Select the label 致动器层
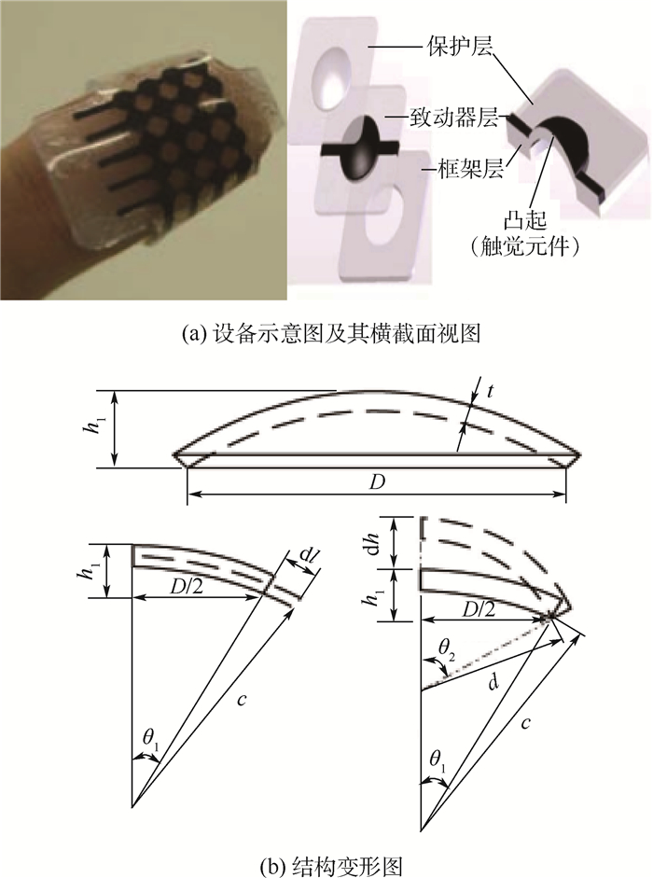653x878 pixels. pyautogui.click(x=453, y=118)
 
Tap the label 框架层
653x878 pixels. pyautogui.click(x=471, y=167)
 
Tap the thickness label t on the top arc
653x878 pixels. pyautogui.click(x=491, y=391)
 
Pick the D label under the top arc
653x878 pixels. pyautogui.click(x=378, y=481)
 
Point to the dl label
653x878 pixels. pyautogui.click(x=306, y=558)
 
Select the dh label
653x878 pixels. pyautogui.click(x=382, y=542)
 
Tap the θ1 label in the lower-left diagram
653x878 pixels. pyautogui.click(x=150, y=739)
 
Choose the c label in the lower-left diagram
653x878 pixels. pyautogui.click(x=241, y=700)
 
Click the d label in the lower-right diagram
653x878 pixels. pyautogui.click(x=493, y=683)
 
